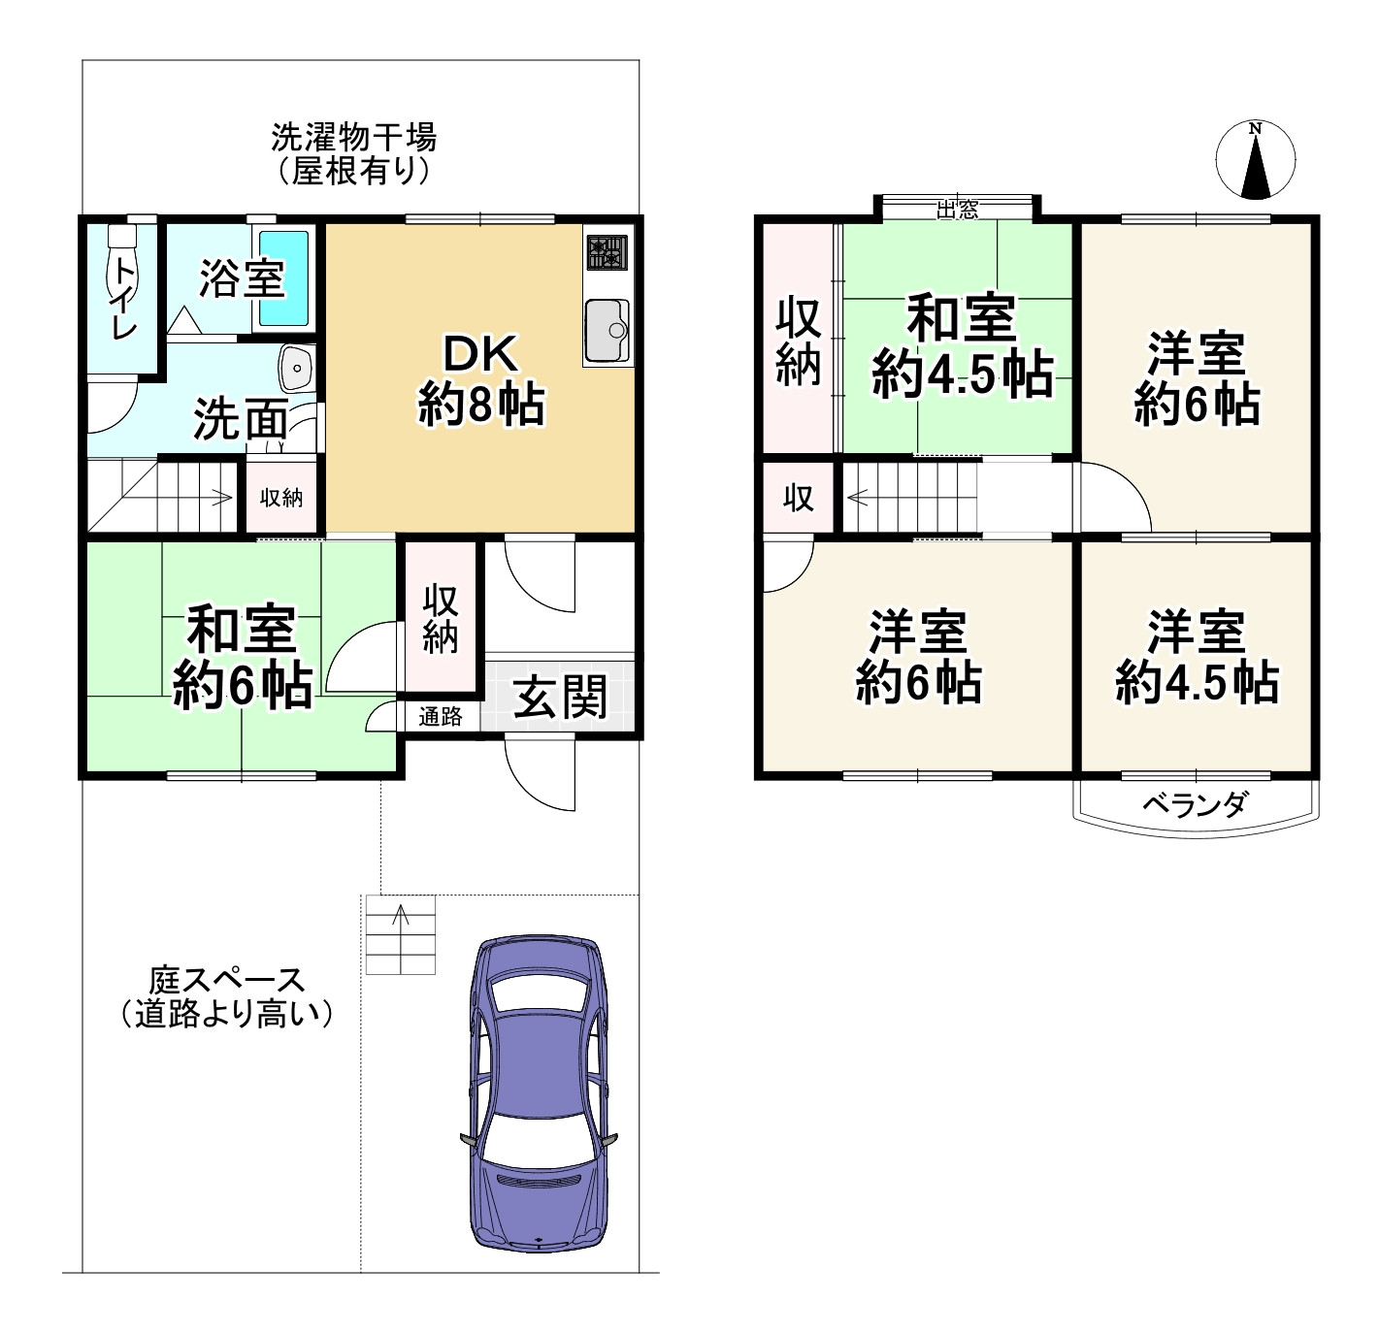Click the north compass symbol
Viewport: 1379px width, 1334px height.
point(1255,159)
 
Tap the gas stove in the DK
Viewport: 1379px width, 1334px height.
point(607,253)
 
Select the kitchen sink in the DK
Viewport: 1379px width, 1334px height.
point(607,330)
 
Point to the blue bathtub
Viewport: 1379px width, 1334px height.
point(283,277)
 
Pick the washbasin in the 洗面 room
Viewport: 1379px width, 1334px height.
point(297,368)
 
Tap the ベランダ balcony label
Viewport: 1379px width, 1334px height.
point(1196,805)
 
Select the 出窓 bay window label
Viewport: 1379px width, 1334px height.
point(958,209)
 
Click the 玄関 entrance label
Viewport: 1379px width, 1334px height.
point(560,697)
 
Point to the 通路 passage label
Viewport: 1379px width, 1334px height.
point(440,717)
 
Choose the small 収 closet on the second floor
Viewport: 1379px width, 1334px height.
point(799,498)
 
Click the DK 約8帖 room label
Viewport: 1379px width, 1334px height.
point(481,379)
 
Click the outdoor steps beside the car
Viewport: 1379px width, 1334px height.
point(401,934)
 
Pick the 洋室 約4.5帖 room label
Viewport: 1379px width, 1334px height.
point(1197,657)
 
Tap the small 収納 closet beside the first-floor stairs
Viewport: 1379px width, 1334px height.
point(281,498)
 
